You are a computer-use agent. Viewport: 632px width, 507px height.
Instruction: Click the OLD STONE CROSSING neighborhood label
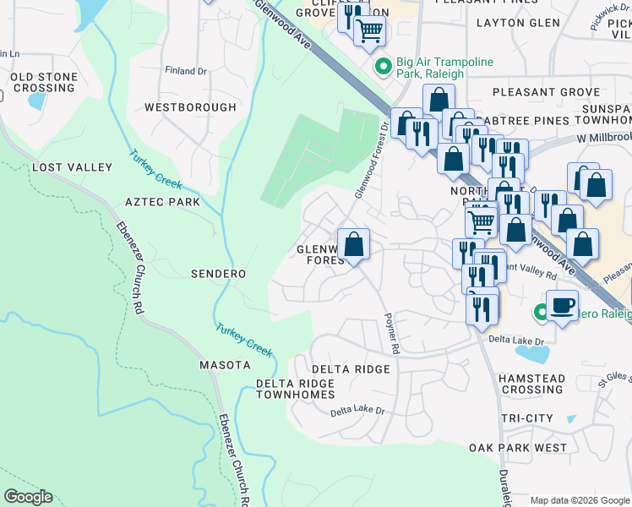[x=44, y=83]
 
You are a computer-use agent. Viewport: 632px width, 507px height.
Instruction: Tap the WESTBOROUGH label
[x=190, y=107]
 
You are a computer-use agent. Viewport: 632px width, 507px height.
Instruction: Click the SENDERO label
[x=218, y=274]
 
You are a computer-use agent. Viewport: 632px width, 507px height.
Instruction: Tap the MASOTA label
[x=225, y=365]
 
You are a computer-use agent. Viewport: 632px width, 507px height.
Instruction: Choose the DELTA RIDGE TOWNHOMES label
[x=295, y=389]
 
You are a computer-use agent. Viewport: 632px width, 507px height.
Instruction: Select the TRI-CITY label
[x=526, y=418]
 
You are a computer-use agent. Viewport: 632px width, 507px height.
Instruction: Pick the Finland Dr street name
[x=186, y=71]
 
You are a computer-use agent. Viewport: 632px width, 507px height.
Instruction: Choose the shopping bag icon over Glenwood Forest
[x=354, y=244]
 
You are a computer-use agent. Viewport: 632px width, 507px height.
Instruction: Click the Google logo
[x=28, y=497]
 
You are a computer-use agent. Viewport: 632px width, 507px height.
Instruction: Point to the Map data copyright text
[x=580, y=500]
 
